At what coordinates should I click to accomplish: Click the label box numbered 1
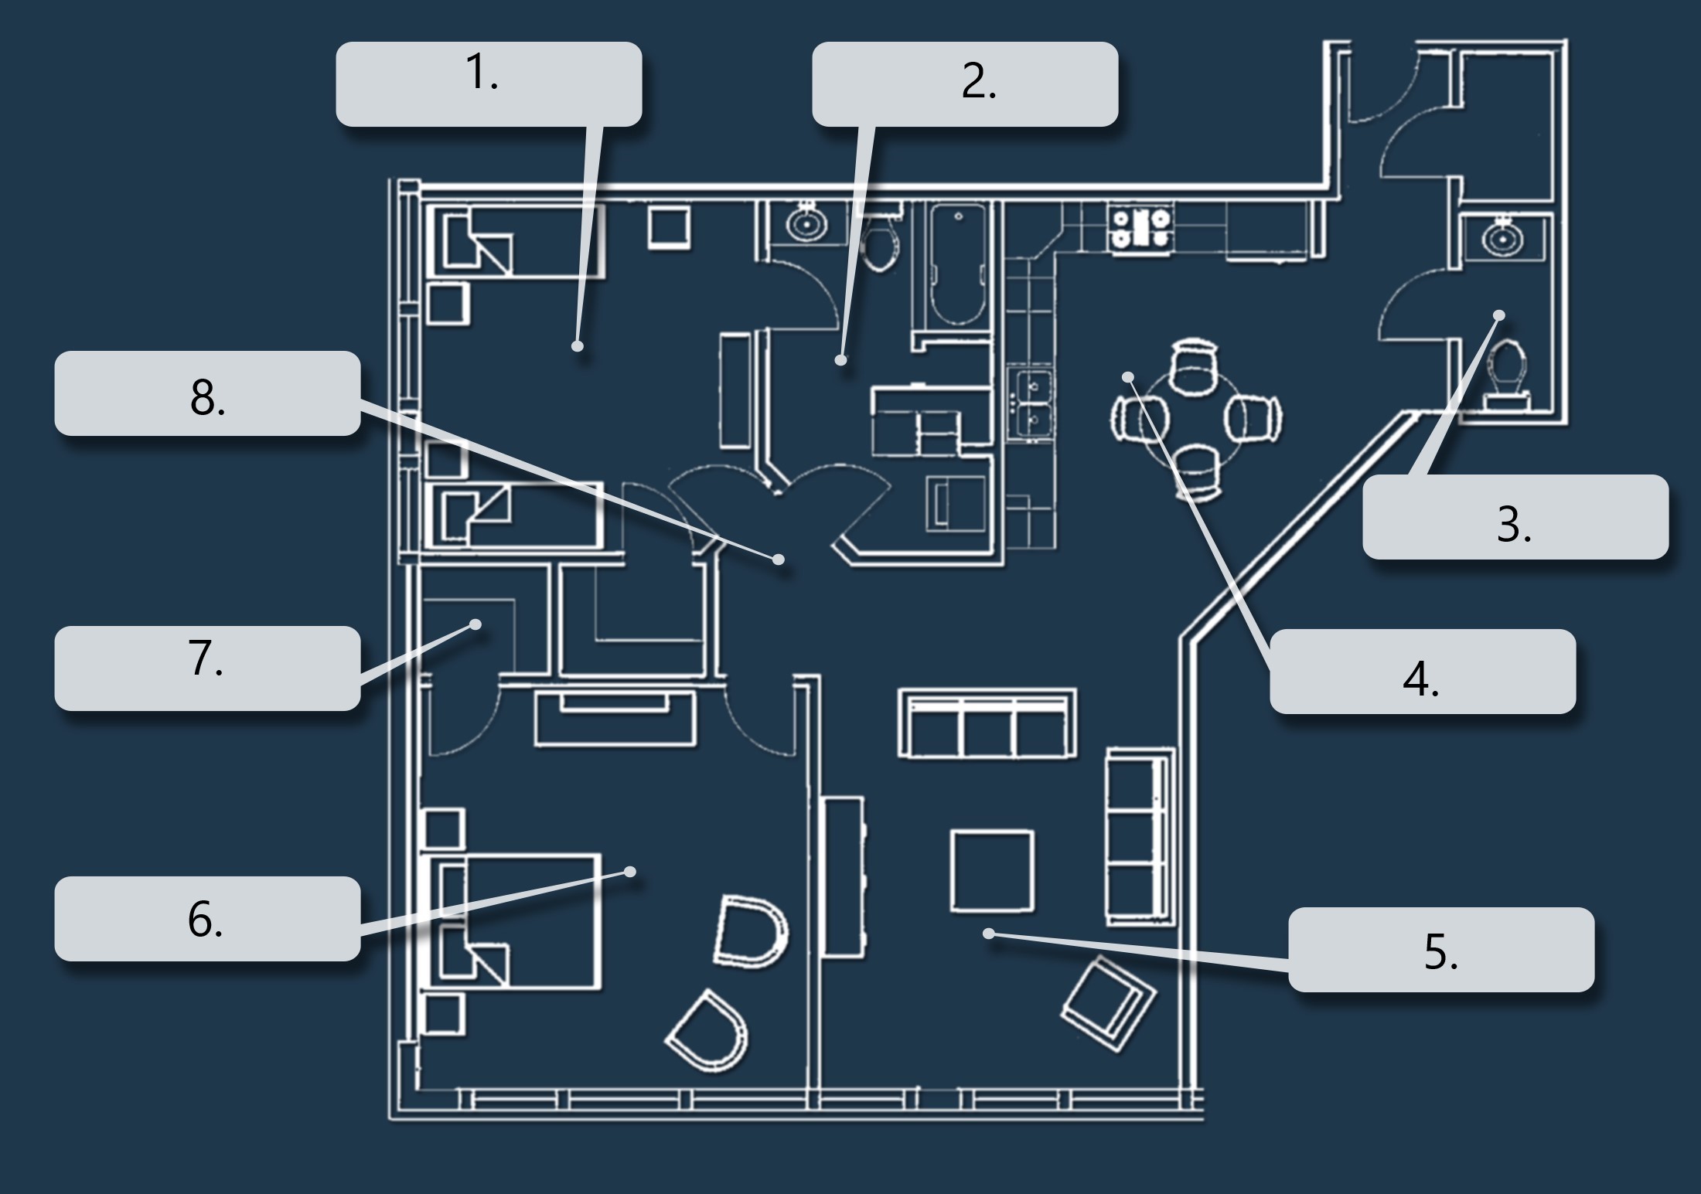pos(489,83)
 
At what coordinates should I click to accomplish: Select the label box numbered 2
pos(964,83)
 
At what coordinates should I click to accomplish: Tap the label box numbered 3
pos(1515,516)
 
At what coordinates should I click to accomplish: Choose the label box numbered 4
pos(1422,671)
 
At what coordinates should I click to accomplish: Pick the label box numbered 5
pos(1440,949)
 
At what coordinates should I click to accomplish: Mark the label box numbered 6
pos(207,918)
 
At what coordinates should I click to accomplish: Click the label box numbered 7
pos(207,668)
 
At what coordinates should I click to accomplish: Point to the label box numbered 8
pos(207,393)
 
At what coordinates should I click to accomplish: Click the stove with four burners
pos(1140,228)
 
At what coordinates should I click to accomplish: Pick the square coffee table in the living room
pos(992,871)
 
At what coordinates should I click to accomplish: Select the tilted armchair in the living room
pos(1110,1003)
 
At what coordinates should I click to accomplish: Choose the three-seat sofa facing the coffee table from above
pos(987,723)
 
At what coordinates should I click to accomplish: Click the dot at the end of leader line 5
pos(988,934)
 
